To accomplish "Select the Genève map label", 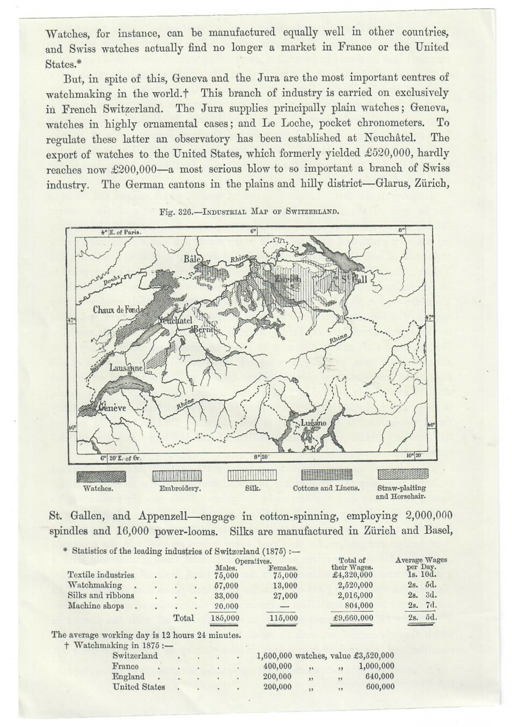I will click(112, 408).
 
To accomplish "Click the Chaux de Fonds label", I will click(117, 310).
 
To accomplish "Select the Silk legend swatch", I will click(252, 476).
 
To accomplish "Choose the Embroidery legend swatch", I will click(177, 476).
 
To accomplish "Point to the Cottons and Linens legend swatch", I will click(327, 475).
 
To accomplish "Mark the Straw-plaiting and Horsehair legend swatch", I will click(403, 474).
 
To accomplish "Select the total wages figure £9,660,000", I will click(352, 617).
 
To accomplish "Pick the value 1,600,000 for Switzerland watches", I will click(274, 656).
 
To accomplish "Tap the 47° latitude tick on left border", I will click(71, 320).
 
